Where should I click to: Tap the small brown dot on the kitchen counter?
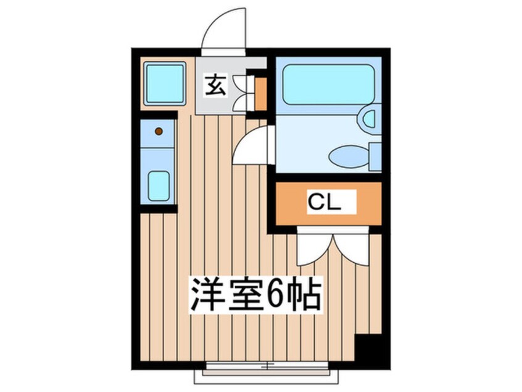159,131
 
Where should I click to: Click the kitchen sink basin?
159,185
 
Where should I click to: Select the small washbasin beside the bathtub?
370,118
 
